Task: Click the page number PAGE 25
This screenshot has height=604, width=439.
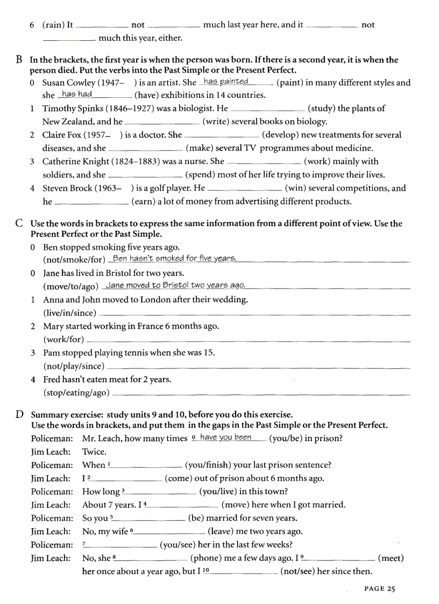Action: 380,589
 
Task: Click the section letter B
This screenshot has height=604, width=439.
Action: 19,60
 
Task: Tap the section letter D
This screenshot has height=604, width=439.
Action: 19,415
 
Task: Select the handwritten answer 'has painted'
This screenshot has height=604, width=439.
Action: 226,82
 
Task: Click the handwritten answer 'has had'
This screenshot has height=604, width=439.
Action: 76,95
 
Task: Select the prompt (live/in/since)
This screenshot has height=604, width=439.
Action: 69,312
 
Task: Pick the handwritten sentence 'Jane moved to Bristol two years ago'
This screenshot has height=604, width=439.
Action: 175,285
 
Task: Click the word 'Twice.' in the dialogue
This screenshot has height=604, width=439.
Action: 94,452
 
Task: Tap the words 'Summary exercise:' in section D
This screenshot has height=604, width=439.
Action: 67,415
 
